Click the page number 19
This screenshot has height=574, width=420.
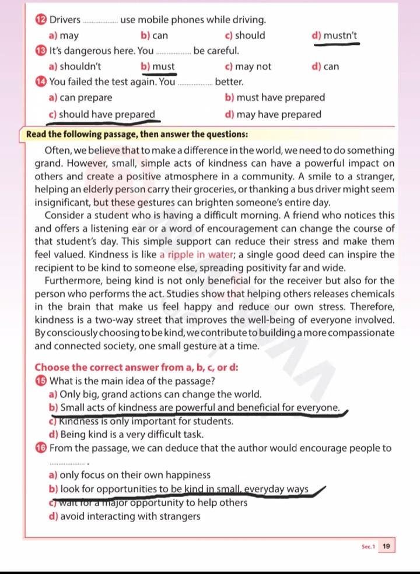387,546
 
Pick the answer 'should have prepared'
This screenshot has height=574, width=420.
103,114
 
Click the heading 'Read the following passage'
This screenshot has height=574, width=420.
138,133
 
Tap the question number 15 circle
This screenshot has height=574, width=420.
40,382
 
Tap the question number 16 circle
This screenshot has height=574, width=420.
40,448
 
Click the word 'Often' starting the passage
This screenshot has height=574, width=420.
58,151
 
